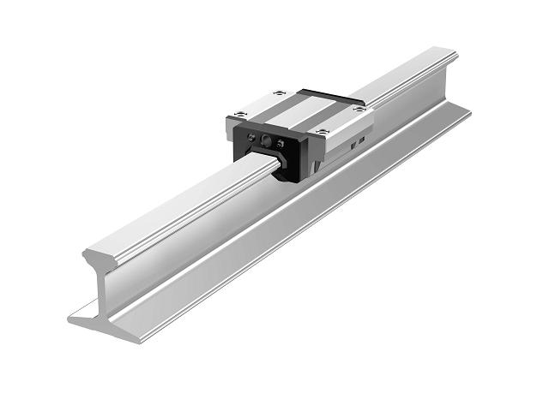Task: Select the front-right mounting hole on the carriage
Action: (323, 129)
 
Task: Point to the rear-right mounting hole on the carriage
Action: (359, 108)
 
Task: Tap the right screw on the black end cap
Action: (284, 143)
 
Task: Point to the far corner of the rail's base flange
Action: (468, 110)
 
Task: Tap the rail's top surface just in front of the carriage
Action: (232, 176)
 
